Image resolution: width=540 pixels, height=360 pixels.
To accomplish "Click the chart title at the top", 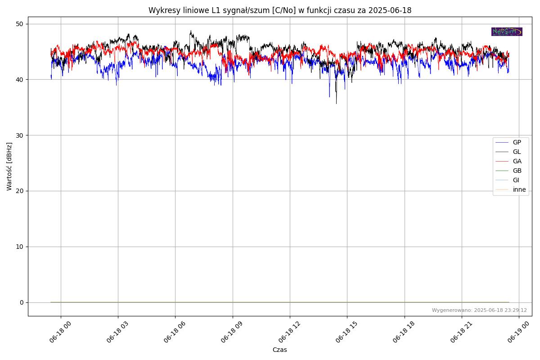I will [x=279, y=10].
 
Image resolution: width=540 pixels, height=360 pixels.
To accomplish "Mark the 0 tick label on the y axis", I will [x=21, y=302].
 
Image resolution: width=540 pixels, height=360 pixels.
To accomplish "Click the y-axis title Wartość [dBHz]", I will [x=9, y=166].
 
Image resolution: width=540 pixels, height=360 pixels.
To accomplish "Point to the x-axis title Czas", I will [x=279, y=350].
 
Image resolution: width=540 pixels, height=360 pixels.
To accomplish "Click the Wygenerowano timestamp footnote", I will [x=479, y=310].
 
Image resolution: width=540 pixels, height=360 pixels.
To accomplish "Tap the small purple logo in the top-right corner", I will [x=507, y=31].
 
